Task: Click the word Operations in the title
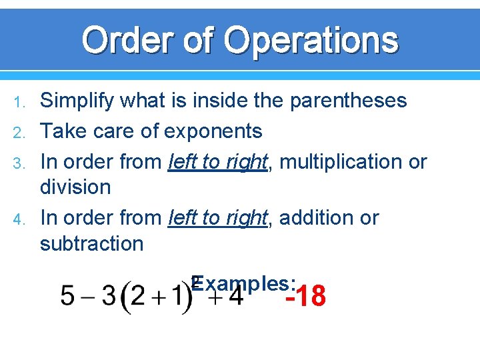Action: [x=311, y=40]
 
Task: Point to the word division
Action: [x=75, y=187]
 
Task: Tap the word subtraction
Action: [x=91, y=243]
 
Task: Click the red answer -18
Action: [x=305, y=296]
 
